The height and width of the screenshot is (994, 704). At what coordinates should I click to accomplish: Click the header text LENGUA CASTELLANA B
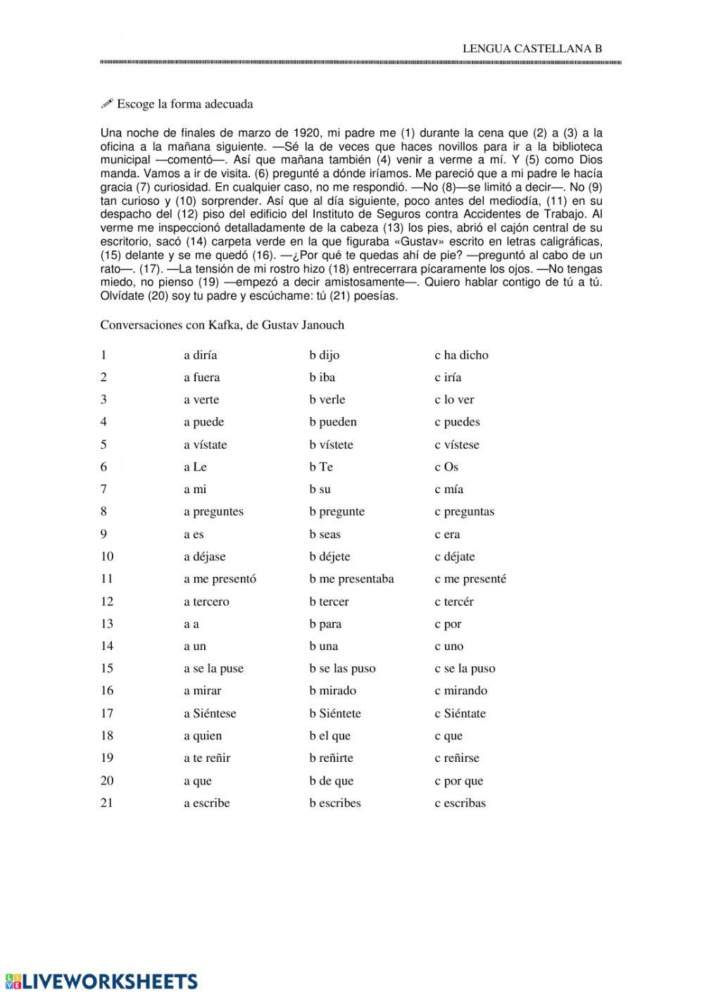[532, 49]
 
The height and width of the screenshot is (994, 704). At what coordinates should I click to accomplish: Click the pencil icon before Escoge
[107, 104]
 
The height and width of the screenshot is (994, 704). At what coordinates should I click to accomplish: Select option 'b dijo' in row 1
[324, 355]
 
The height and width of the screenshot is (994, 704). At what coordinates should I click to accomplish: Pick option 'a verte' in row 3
[201, 400]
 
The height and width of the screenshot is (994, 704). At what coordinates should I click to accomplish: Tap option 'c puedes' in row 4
[457, 422]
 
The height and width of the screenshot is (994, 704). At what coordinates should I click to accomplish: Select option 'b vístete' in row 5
[331, 445]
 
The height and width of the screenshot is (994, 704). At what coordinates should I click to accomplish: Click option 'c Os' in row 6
[446, 467]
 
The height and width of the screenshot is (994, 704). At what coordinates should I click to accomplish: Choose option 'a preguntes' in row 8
[213, 511]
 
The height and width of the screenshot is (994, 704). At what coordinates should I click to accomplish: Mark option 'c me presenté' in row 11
[470, 579]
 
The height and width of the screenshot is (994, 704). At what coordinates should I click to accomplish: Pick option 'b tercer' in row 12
[329, 601]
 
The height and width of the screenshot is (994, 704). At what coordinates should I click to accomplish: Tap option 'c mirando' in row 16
[460, 691]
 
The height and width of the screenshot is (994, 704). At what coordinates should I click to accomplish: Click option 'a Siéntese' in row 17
[210, 713]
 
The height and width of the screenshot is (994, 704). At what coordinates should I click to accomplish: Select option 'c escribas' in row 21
[460, 803]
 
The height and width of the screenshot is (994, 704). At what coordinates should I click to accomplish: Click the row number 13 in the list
[106, 624]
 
